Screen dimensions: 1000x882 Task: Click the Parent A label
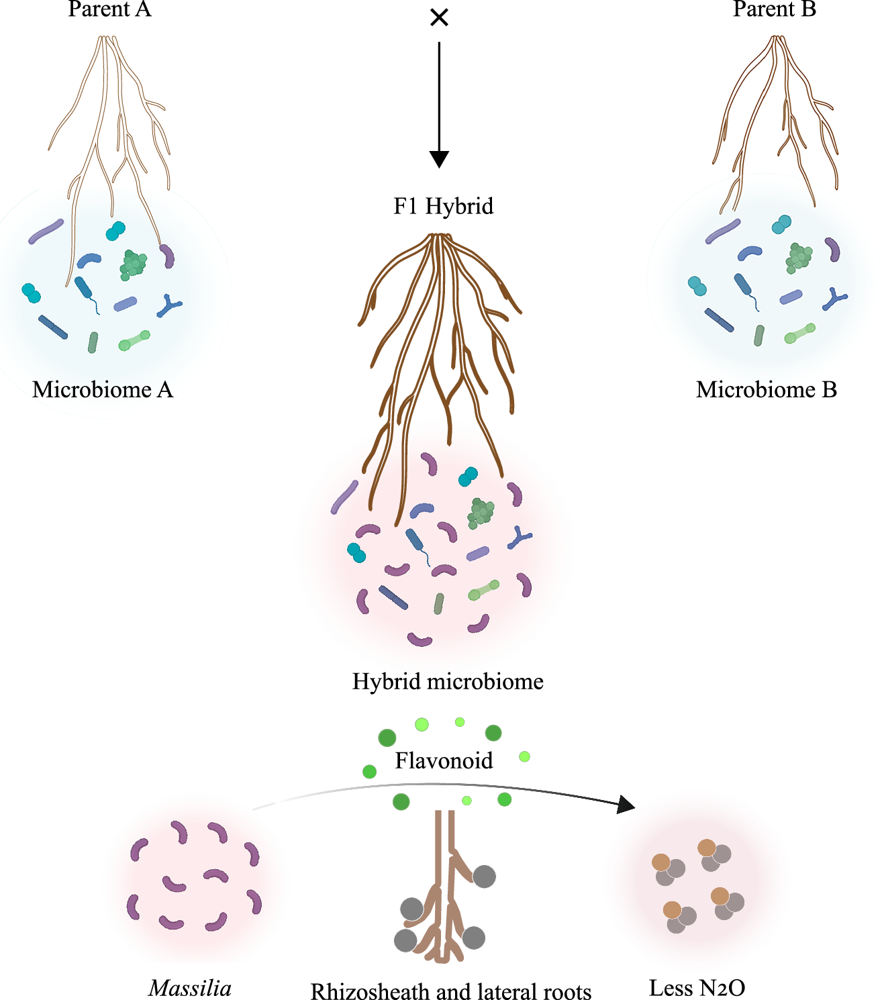click(x=109, y=9)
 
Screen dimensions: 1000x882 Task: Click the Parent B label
click(x=774, y=9)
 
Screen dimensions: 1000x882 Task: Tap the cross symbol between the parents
click(x=439, y=17)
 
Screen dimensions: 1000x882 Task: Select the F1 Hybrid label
click(x=443, y=205)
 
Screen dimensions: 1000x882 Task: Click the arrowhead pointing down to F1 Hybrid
click(x=439, y=159)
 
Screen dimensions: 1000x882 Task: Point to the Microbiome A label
click(x=103, y=389)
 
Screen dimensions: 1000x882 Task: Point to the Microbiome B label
click(x=767, y=389)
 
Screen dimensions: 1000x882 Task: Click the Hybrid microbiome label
click(x=448, y=681)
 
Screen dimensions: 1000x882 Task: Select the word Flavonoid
click(x=444, y=760)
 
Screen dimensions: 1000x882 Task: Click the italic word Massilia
click(x=190, y=988)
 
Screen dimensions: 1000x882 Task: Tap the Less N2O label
click(x=697, y=988)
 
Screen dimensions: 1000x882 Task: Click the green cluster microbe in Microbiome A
click(x=133, y=264)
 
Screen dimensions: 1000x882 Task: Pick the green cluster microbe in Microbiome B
click(x=799, y=258)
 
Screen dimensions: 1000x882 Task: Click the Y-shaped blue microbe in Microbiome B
click(x=834, y=299)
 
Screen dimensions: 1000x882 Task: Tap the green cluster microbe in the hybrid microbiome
click(x=481, y=513)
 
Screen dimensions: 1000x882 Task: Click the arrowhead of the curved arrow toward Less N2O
click(x=626, y=804)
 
